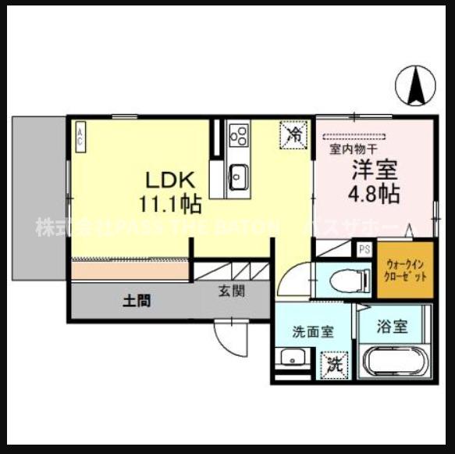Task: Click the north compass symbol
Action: pyautogui.click(x=416, y=84)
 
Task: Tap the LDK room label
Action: pyautogui.click(x=165, y=178)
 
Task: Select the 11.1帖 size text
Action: pyautogui.click(x=170, y=205)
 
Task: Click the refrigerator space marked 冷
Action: pyautogui.click(x=295, y=134)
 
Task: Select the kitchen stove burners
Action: pyautogui.click(x=239, y=134)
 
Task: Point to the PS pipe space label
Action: pyautogui.click(x=364, y=249)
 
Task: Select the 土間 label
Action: pyautogui.click(x=136, y=300)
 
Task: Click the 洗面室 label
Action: pyautogui.click(x=313, y=331)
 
